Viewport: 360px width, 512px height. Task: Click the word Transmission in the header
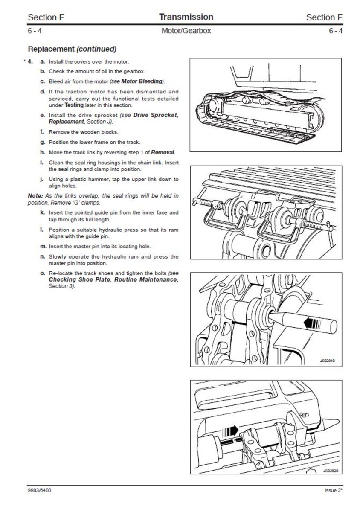click(x=186, y=17)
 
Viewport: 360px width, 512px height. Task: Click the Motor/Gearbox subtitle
click(x=186, y=31)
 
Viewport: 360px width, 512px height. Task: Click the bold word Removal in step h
click(x=163, y=152)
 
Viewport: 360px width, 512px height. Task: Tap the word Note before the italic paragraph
click(x=35, y=196)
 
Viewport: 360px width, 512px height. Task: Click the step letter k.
click(x=43, y=212)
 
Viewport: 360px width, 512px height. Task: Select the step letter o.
click(x=43, y=273)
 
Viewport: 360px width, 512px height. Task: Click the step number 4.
click(x=30, y=61)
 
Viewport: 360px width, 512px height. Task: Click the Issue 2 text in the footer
click(x=333, y=491)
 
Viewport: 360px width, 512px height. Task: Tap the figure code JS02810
click(x=327, y=361)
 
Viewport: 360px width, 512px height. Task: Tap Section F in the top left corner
click(x=42, y=17)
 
